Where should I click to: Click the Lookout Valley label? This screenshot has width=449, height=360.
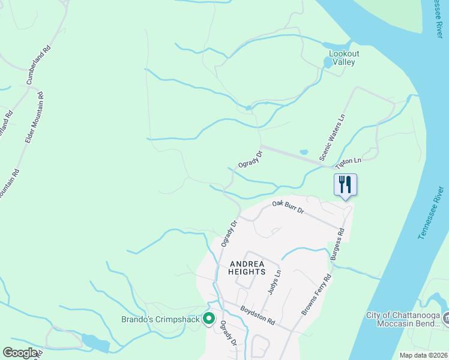344,58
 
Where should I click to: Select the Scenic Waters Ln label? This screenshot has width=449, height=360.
334,137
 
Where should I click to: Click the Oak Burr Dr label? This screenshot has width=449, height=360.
288,208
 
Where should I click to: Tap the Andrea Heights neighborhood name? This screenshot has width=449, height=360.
247,268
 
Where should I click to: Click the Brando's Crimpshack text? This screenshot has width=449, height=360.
160,319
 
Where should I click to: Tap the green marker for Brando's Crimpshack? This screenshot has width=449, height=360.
209,318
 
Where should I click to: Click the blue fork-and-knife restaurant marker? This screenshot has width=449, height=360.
345,184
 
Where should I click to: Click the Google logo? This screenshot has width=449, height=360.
20,353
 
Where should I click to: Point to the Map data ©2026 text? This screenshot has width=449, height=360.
423,355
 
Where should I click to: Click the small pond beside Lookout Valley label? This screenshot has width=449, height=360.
327,62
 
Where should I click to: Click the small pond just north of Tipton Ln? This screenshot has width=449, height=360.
303,152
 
